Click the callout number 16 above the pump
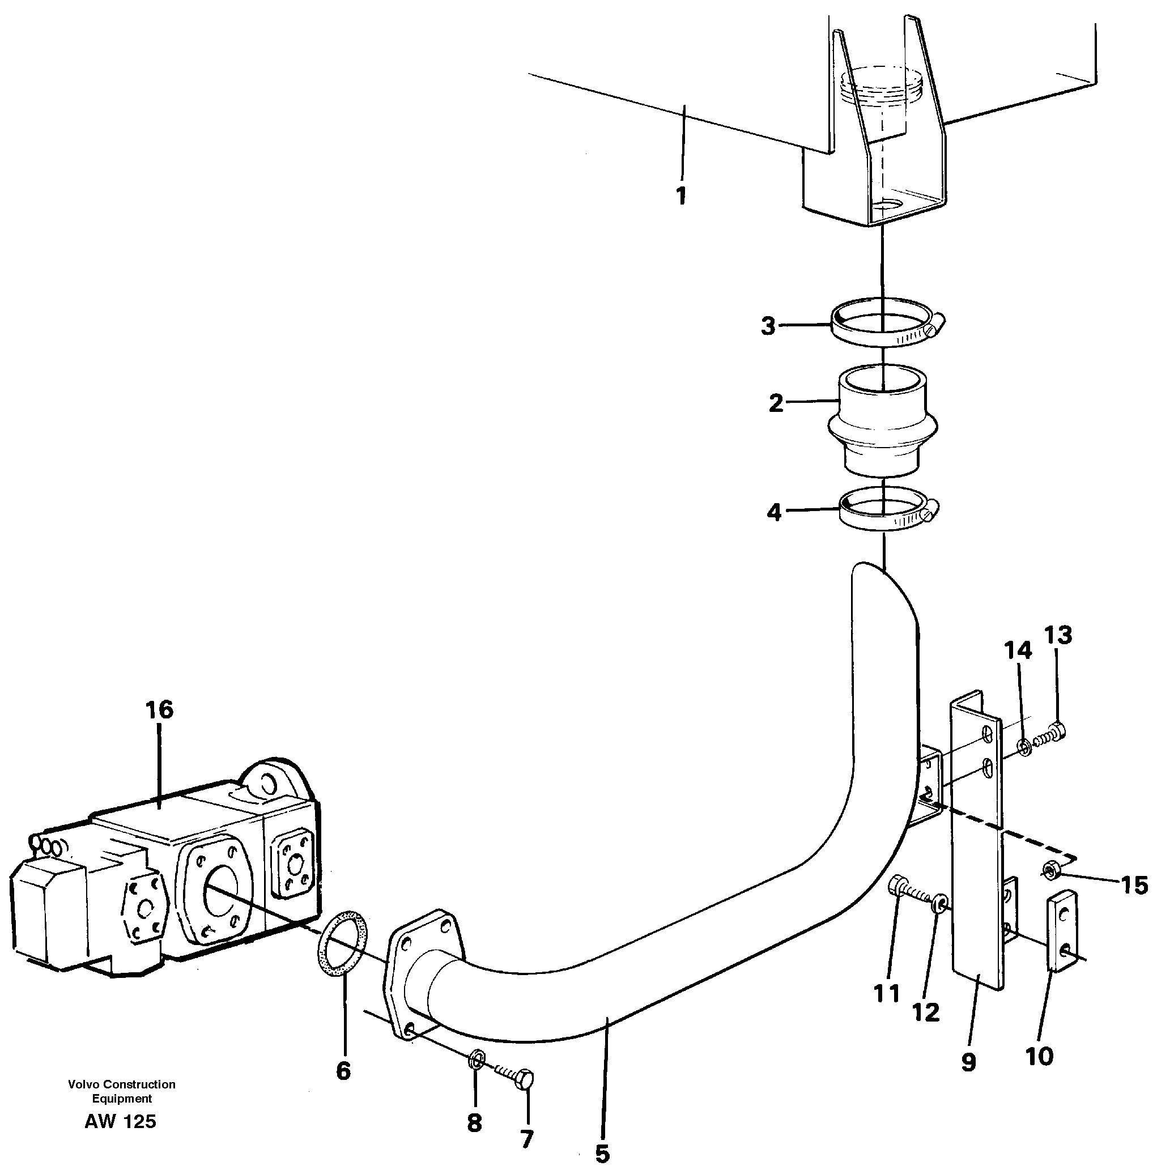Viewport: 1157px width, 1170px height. pos(159,710)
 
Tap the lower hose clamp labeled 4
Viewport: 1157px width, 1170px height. pos(884,509)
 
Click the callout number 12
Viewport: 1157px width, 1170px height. pos(926,1012)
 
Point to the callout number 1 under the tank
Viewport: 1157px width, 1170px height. pos(681,195)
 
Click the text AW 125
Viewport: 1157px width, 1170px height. pos(121,1121)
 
